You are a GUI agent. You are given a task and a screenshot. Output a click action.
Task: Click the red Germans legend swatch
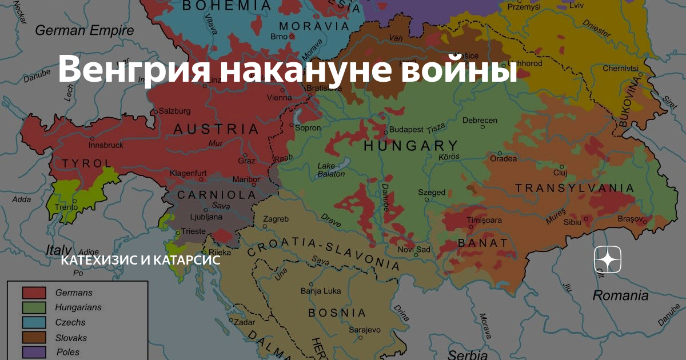tap(34, 293)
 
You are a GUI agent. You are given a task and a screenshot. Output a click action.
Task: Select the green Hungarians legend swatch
tap(34, 307)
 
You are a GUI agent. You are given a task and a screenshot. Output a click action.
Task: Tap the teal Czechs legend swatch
tap(34, 322)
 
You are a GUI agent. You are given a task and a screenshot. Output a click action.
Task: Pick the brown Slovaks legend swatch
tap(34, 337)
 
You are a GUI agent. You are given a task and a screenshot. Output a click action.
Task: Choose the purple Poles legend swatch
tap(34, 351)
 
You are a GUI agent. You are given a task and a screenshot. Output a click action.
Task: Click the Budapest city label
tap(406, 130)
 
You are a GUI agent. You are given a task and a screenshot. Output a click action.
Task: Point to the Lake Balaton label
tap(331, 170)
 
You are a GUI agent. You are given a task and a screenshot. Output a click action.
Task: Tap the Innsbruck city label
tap(106, 145)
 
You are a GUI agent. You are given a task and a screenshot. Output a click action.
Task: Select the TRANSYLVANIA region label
tap(575, 188)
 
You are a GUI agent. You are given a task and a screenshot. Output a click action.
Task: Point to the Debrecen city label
tap(480, 121)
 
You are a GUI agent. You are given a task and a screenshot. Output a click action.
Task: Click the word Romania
tap(620, 295)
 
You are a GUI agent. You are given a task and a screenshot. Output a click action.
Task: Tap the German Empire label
tap(85, 30)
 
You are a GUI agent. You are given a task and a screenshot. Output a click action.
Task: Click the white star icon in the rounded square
tap(607, 261)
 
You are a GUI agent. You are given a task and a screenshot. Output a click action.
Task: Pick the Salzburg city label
tap(174, 111)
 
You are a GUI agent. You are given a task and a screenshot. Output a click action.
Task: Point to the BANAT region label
tap(482, 243)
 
